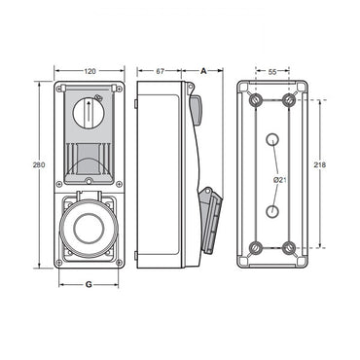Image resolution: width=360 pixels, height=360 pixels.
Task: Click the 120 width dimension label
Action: tap(89, 72)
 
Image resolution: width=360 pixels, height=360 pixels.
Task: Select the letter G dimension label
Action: tap(89, 284)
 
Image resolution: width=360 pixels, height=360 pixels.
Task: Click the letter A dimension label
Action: tap(203, 72)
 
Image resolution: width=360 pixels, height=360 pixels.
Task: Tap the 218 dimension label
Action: tap(321, 165)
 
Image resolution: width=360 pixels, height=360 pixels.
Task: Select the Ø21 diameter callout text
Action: tap(279, 179)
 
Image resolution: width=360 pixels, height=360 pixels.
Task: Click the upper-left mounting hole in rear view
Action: tap(255, 100)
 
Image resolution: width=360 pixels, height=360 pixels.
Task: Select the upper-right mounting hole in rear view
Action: tap(289, 100)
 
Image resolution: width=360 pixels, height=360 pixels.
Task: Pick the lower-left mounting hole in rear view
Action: tap(255, 247)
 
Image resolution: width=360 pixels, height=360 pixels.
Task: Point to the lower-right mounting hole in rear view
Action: tap(289, 247)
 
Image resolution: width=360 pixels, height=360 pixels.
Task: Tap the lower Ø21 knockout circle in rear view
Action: tap(272, 210)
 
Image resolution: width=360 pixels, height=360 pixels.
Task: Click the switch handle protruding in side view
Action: tap(196, 109)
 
